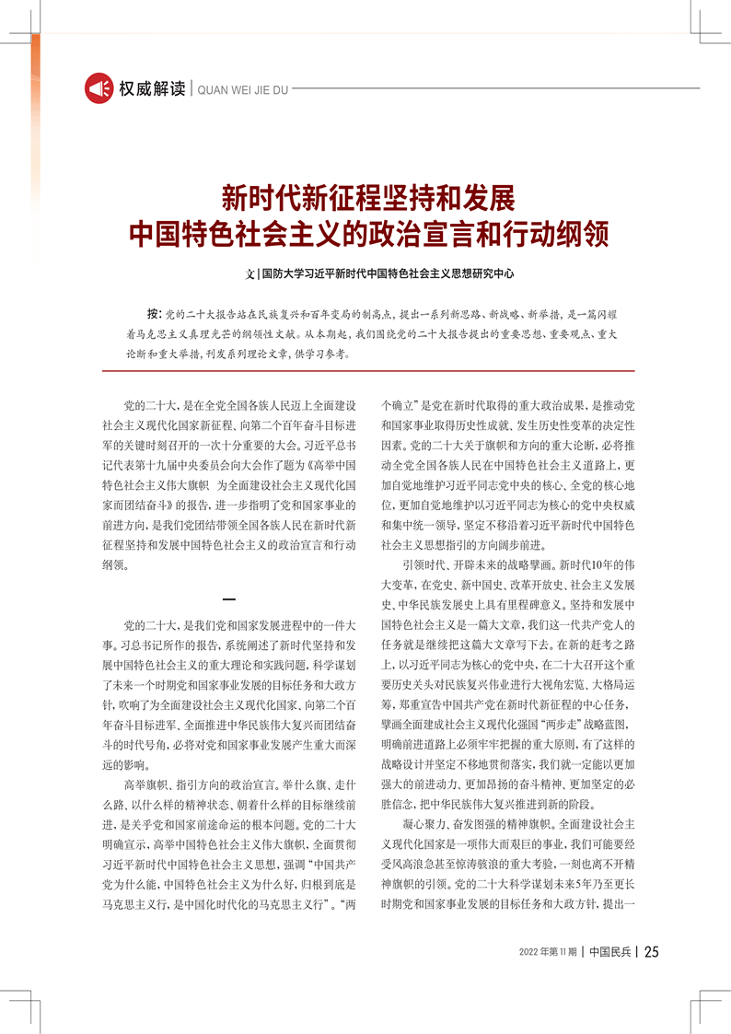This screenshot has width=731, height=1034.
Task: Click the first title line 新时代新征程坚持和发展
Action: pos(365,197)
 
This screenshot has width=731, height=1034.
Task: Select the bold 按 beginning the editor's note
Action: pos(153,314)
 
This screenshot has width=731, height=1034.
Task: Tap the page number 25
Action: pos(651,952)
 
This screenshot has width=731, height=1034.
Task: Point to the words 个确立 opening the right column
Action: pos(399,404)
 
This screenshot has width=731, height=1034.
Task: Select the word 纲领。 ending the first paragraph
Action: pos(116,564)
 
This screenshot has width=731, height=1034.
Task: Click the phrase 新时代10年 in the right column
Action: pos(600,564)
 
